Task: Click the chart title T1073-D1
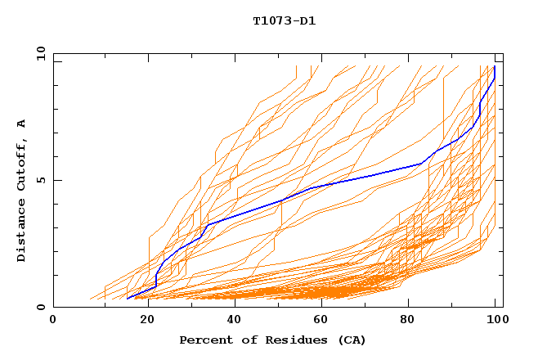284,20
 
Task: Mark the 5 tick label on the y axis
40,180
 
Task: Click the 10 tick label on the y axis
38,52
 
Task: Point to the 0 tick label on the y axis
40,308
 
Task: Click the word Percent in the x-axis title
202,340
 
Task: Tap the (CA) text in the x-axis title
352,340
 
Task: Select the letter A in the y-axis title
21,124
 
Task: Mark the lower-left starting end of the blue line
128,299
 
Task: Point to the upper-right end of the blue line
495,67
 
